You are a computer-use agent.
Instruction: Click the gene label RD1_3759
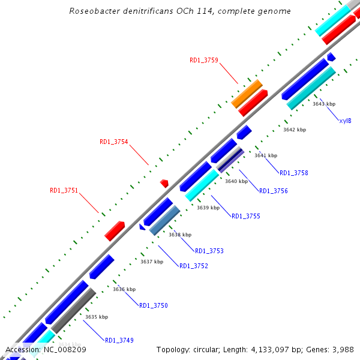(204, 60)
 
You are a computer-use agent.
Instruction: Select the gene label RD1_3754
(113, 142)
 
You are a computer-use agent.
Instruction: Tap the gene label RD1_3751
(64, 190)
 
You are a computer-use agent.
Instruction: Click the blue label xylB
(345, 121)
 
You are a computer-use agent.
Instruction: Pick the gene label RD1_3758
(294, 173)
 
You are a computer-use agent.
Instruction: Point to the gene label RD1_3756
(274, 191)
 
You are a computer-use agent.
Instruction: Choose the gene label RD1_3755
(246, 216)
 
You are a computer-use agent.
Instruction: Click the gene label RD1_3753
(209, 251)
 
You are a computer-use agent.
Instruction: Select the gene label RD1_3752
(194, 266)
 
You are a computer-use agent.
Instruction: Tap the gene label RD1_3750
(154, 305)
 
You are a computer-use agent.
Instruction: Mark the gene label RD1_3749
(119, 340)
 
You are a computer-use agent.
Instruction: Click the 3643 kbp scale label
(324, 104)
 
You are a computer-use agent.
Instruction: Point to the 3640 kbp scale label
(236, 181)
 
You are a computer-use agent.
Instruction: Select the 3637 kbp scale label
(152, 262)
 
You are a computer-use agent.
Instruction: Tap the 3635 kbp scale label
(97, 317)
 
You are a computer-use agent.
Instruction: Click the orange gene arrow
(247, 93)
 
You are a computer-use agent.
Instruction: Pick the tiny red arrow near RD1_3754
(164, 182)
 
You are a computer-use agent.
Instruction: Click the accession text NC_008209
(65, 349)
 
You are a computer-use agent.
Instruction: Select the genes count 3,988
(343, 349)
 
